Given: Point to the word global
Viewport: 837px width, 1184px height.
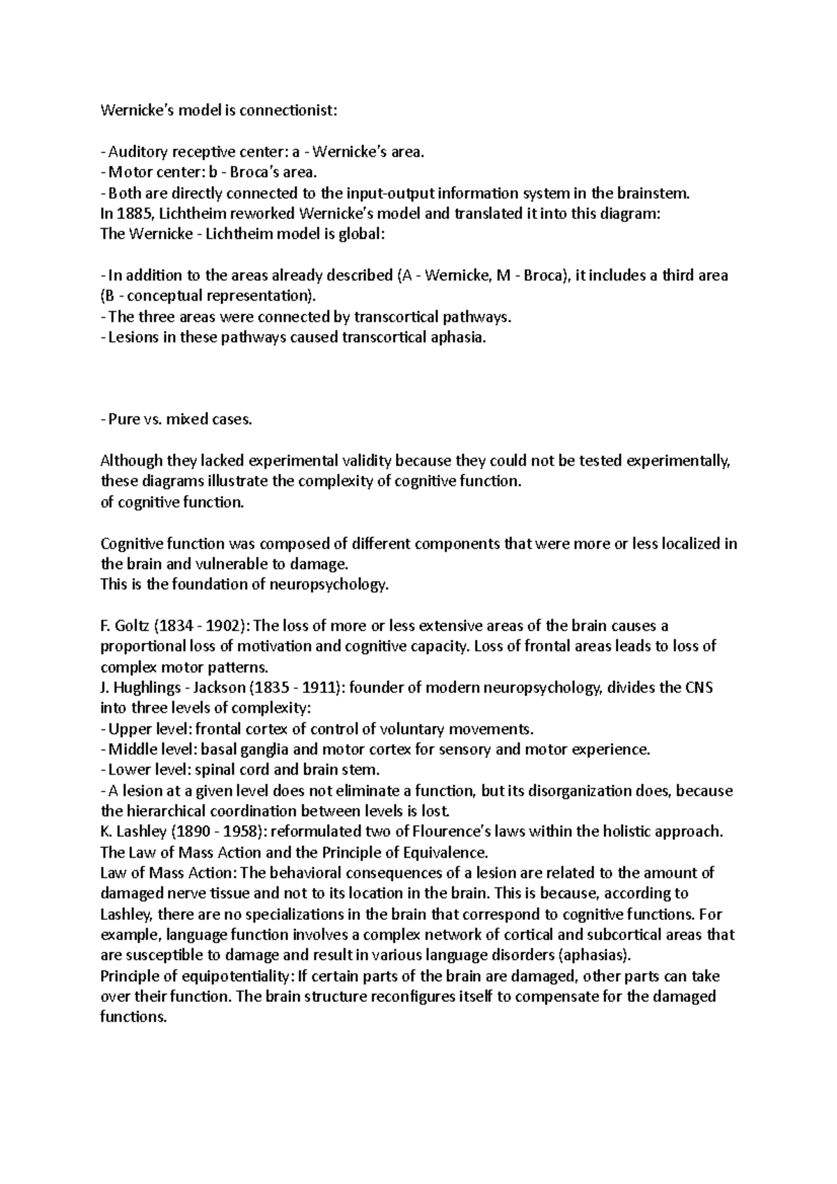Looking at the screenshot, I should pyautogui.click(x=361, y=234).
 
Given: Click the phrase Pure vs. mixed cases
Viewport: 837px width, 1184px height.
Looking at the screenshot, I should pyautogui.click(x=178, y=420).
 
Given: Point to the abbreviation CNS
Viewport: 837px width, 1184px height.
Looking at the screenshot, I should pyautogui.click(x=698, y=688).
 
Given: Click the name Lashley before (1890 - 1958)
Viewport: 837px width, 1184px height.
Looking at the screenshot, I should pyautogui.click(x=139, y=832).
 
